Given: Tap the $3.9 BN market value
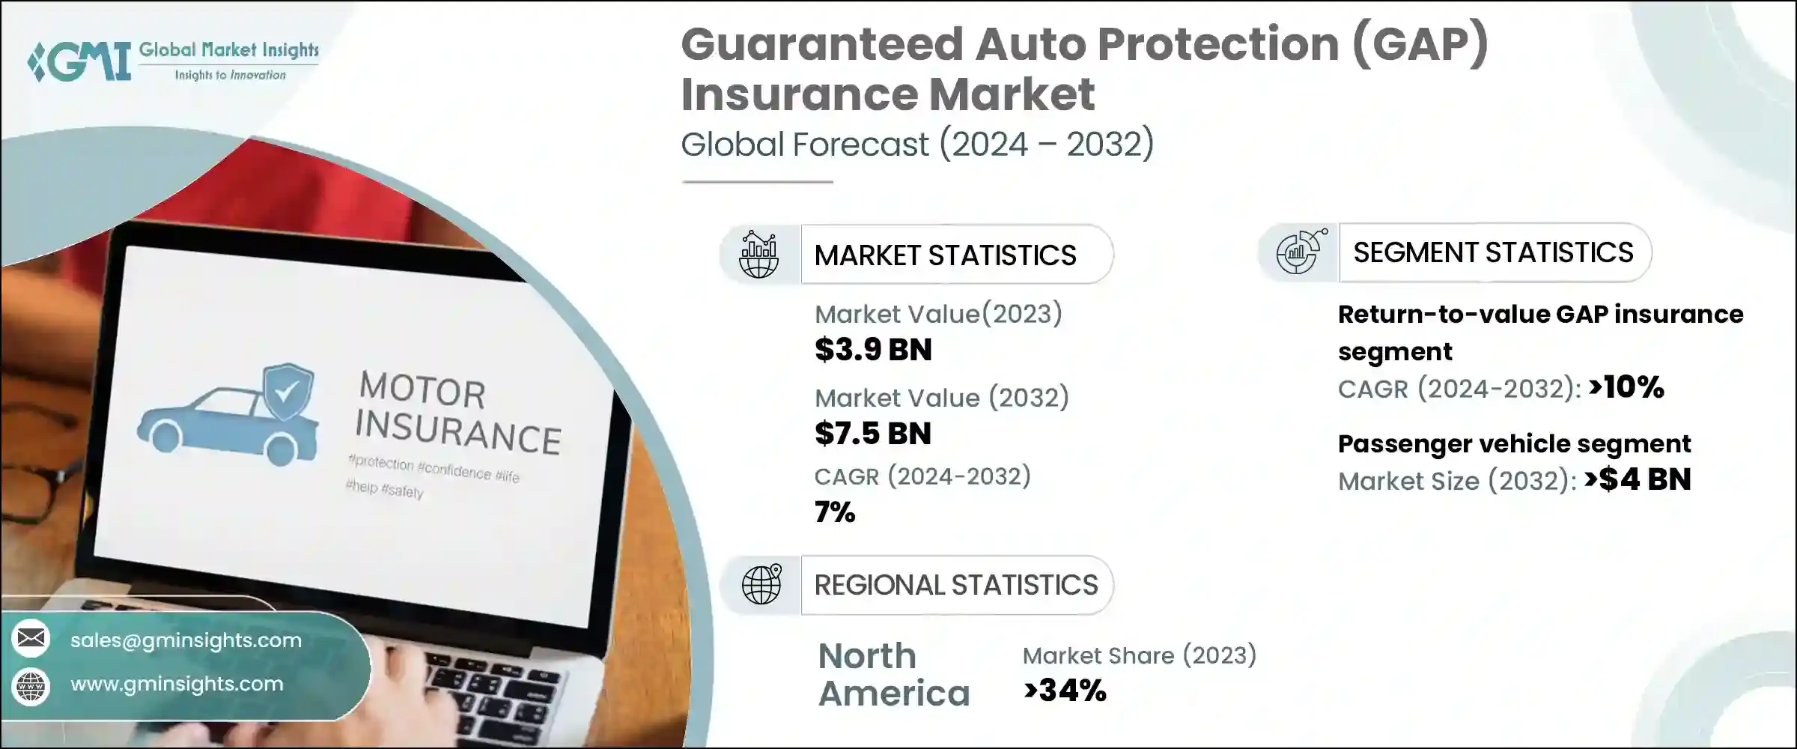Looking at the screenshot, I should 873,350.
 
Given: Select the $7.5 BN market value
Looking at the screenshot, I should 873,434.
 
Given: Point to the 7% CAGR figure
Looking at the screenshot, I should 834,513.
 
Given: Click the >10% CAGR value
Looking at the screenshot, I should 1626,387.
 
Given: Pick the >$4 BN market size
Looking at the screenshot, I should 1638,479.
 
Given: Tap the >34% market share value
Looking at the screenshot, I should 1064,691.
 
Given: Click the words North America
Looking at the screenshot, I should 893,675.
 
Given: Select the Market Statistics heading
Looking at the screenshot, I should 945,255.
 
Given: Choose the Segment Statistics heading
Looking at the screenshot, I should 1493,252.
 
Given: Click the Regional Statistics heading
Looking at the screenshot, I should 955,585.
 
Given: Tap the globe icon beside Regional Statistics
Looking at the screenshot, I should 761,584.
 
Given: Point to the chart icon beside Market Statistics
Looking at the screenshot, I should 758,255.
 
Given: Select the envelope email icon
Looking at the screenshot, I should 31,638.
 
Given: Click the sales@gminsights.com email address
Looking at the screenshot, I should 186,640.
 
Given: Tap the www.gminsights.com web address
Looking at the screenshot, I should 177,684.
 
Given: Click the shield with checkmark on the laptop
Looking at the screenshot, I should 288,391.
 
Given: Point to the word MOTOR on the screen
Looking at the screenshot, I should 422,390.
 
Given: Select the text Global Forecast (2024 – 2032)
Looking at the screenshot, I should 917,144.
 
